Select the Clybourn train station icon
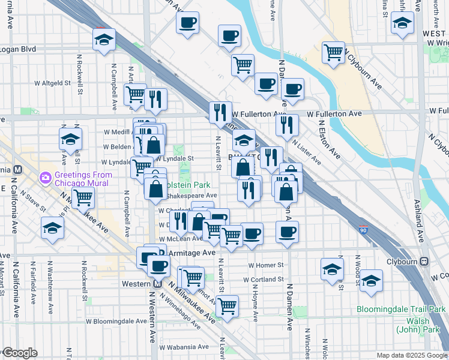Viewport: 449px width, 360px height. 424,262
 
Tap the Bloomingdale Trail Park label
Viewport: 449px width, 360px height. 401,309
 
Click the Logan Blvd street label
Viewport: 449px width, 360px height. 18,49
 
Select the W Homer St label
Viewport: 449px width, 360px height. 265,265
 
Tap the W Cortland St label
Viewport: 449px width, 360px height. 264,280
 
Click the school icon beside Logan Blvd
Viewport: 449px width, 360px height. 104,40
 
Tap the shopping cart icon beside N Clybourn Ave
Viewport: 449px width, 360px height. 333,52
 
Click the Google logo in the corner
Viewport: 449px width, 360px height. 19,353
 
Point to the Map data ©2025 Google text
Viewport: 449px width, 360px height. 412,355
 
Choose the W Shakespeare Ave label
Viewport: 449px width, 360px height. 192,195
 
